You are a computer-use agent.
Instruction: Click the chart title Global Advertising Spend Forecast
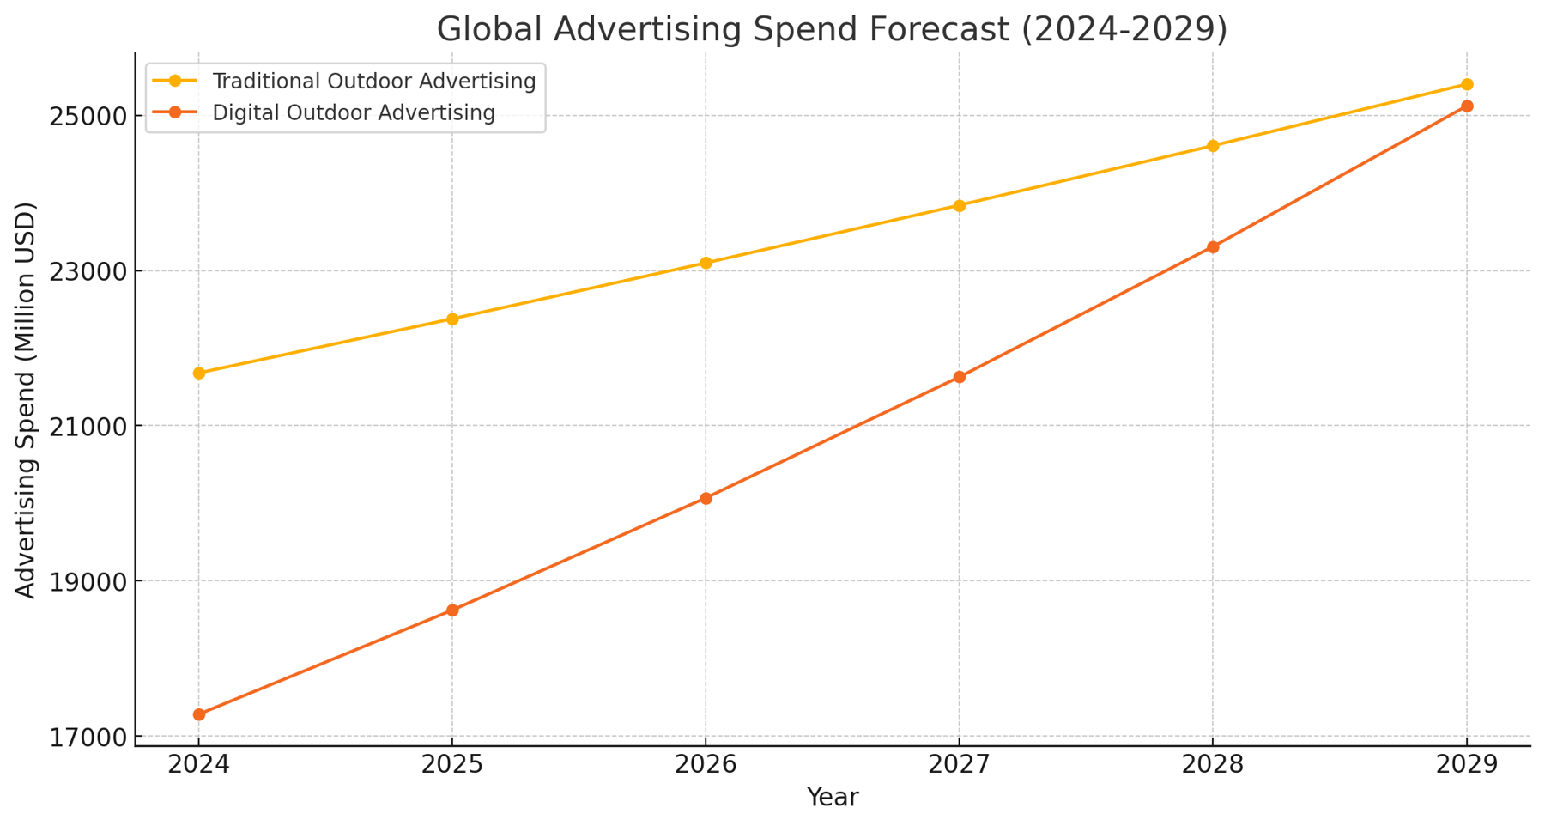832,29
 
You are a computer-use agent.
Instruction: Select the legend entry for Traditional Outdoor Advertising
373,82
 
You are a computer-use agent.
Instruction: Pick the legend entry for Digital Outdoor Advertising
353,113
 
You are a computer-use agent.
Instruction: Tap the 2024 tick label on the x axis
198,765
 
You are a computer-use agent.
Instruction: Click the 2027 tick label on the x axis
959,765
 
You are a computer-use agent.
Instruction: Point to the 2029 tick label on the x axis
1467,765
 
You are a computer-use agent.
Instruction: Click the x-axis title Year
832,798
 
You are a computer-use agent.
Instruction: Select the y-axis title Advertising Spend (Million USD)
27,400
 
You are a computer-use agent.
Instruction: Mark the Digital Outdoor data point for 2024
199,714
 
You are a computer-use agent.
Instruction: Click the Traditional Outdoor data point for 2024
199,374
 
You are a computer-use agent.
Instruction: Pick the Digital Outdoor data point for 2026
706,498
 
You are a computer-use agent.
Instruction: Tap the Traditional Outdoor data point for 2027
960,206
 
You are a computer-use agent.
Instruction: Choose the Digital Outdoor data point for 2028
1213,247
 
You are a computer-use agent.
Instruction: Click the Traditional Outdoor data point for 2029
1467,84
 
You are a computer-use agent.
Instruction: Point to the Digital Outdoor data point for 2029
1467,106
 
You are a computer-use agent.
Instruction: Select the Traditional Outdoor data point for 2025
452,319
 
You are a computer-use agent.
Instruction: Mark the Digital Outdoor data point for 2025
452,610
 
